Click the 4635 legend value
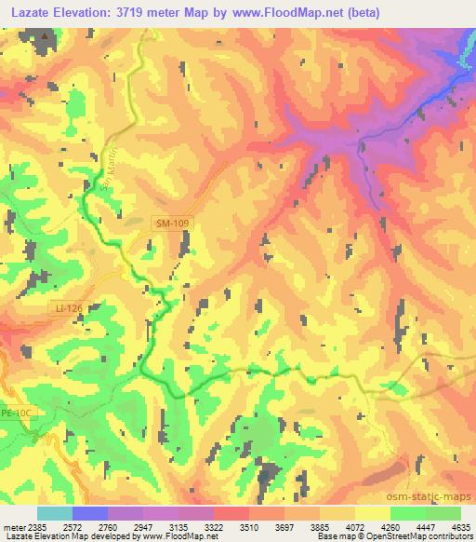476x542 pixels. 460,526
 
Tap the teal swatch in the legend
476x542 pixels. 54,513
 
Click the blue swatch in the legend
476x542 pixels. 89,513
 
